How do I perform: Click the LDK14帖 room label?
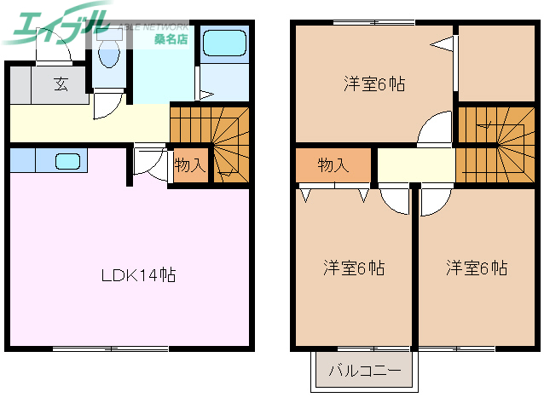pyautogui.click(x=139, y=275)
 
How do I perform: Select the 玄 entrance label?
pyautogui.click(x=61, y=84)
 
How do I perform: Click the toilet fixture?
pyautogui.click(x=108, y=54)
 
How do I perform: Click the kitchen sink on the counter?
pyautogui.click(x=67, y=159)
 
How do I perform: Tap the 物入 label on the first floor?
pyautogui.click(x=189, y=165)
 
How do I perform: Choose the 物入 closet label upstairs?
pyautogui.click(x=333, y=165)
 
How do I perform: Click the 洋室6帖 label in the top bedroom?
pyautogui.click(x=374, y=84)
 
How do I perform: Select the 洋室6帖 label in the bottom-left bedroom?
pyautogui.click(x=353, y=268)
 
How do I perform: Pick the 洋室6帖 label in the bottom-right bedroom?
pyautogui.click(x=477, y=268)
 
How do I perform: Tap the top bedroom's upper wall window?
pyautogui.click(x=373, y=22)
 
